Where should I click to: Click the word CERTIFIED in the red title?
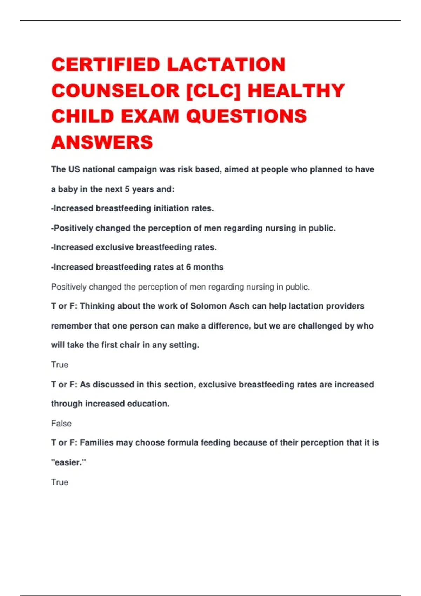coord(106,65)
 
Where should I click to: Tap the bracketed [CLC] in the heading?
coord(213,91)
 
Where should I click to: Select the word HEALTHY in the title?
coord(296,91)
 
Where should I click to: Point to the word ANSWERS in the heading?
coord(102,142)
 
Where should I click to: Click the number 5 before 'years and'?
coord(127,189)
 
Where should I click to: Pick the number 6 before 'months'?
coord(188,267)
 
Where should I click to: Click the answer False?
coord(61,424)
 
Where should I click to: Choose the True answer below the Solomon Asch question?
coord(60,365)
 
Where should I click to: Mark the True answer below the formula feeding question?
coord(60,482)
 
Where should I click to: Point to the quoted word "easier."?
coord(68,463)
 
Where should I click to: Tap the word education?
coord(148,404)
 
